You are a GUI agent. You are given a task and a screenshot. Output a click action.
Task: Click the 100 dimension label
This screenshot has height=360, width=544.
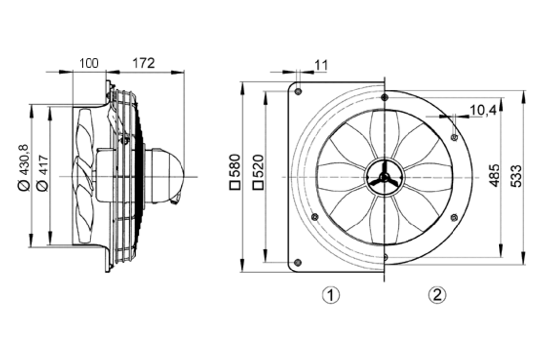point(89,64)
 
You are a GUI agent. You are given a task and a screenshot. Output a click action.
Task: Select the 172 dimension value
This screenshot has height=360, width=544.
point(143,63)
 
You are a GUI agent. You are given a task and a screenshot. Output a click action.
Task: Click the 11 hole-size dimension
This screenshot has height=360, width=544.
point(321,65)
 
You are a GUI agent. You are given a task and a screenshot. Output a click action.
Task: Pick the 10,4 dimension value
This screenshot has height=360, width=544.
point(483,110)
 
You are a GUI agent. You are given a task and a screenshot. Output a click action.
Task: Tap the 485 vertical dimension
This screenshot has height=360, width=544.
point(495,175)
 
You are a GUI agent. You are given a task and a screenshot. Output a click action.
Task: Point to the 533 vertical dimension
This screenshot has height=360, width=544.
point(516,176)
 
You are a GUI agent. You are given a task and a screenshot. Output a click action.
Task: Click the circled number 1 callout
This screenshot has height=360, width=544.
point(331,295)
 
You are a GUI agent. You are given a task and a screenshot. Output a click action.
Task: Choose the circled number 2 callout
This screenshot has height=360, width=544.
point(437,295)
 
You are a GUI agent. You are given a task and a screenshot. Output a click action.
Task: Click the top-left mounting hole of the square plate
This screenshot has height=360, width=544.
point(298,91)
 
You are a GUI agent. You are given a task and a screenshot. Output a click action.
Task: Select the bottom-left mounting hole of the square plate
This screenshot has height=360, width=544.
point(297,262)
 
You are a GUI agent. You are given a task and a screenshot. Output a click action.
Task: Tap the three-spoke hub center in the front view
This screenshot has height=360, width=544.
point(384,177)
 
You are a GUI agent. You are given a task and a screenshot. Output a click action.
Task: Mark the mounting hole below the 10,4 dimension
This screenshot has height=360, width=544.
point(454,137)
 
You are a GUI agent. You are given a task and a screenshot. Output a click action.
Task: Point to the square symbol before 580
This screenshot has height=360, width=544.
point(235,185)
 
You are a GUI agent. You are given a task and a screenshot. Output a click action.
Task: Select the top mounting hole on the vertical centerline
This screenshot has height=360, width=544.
point(384,97)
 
